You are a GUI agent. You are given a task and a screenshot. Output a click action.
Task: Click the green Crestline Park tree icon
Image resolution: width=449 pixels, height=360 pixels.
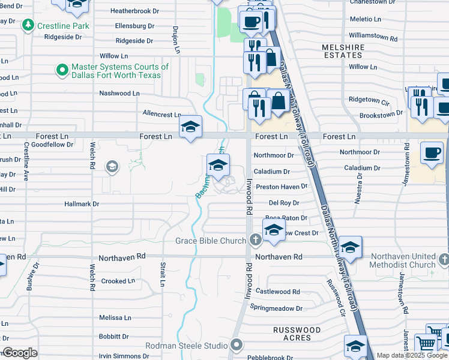(28, 26)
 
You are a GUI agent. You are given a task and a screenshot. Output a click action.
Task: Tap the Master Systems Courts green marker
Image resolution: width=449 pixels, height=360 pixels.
(62, 71)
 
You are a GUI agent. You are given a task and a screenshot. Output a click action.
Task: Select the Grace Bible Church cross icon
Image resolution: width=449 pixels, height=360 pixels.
(255, 241)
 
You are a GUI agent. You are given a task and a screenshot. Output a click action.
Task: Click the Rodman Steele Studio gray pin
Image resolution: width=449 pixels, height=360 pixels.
(237, 345)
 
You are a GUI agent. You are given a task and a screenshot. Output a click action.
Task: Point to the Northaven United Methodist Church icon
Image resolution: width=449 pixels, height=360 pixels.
(443, 260)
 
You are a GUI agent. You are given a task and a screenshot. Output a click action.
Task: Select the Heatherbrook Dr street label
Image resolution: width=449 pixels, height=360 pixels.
(134, 11)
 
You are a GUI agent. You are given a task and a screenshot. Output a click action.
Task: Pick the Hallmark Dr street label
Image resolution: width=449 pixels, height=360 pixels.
(82, 204)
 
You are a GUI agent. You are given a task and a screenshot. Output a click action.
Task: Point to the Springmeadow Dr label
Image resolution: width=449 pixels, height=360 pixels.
(276, 308)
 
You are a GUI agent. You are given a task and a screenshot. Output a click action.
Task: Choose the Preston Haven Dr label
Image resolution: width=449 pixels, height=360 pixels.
(282, 187)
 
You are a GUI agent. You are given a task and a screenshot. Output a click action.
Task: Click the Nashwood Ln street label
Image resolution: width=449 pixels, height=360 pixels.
(119, 94)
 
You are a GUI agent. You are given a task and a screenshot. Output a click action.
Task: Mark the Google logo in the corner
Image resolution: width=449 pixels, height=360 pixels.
(20, 353)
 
